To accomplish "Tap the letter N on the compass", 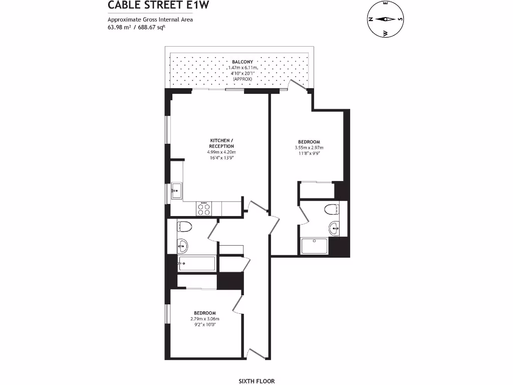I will coord(371,20).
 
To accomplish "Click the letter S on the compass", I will coord(400,20).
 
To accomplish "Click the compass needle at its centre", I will coord(385,20).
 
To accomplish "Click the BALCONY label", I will coord(242,62).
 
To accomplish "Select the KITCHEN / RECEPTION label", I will coord(221,143).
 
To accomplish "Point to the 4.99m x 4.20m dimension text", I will coord(221,152).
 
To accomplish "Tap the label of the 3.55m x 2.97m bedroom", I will coord(309,142).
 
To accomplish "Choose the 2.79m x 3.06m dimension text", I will coord(205,318).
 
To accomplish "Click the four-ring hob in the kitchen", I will coord(205,209).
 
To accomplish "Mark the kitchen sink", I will coord(176,190).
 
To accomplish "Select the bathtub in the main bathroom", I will coord(196,263).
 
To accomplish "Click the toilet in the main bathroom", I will coord(184,226).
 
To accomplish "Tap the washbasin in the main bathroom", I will coord(183,246).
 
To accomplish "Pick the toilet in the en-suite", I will coord(332,209).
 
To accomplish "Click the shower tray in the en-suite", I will coord(314,246).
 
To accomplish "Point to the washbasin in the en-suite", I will coord(335,229).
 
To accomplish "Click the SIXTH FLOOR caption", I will coord(256,381).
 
